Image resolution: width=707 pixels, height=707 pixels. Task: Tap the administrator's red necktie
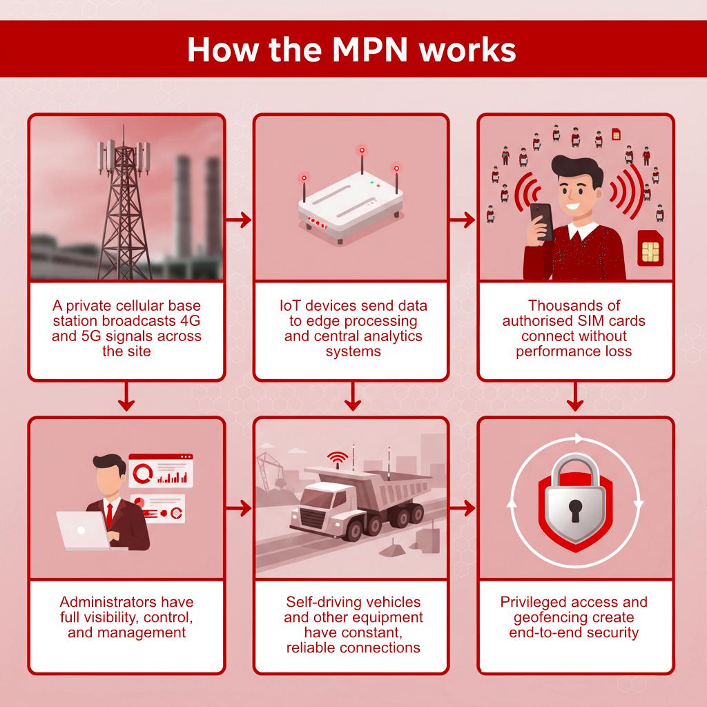tap(109, 514)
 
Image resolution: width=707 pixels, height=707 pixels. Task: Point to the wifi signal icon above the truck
tap(337, 458)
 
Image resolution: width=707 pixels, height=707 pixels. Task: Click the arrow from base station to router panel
tap(238, 220)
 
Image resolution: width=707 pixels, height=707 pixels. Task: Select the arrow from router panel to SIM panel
tap(463, 220)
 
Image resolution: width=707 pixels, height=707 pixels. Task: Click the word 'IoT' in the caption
tap(292, 305)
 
